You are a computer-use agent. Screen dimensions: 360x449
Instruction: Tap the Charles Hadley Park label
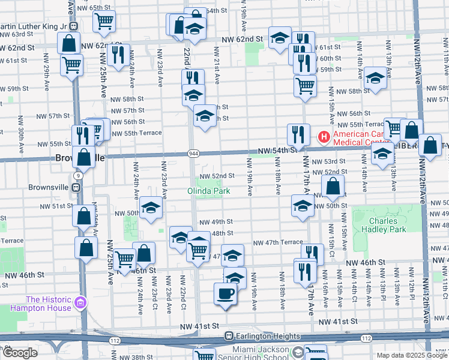click(x=388, y=225)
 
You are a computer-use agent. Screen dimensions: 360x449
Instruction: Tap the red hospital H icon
click(x=325, y=138)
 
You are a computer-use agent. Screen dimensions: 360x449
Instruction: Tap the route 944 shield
click(x=191, y=154)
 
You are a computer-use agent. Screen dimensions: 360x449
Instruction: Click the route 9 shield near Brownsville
click(x=78, y=175)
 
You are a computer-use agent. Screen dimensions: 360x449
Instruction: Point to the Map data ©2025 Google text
click(x=411, y=355)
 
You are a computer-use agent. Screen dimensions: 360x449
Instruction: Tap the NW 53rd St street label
click(x=335, y=161)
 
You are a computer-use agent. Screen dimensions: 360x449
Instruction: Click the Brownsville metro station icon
click(x=76, y=187)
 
